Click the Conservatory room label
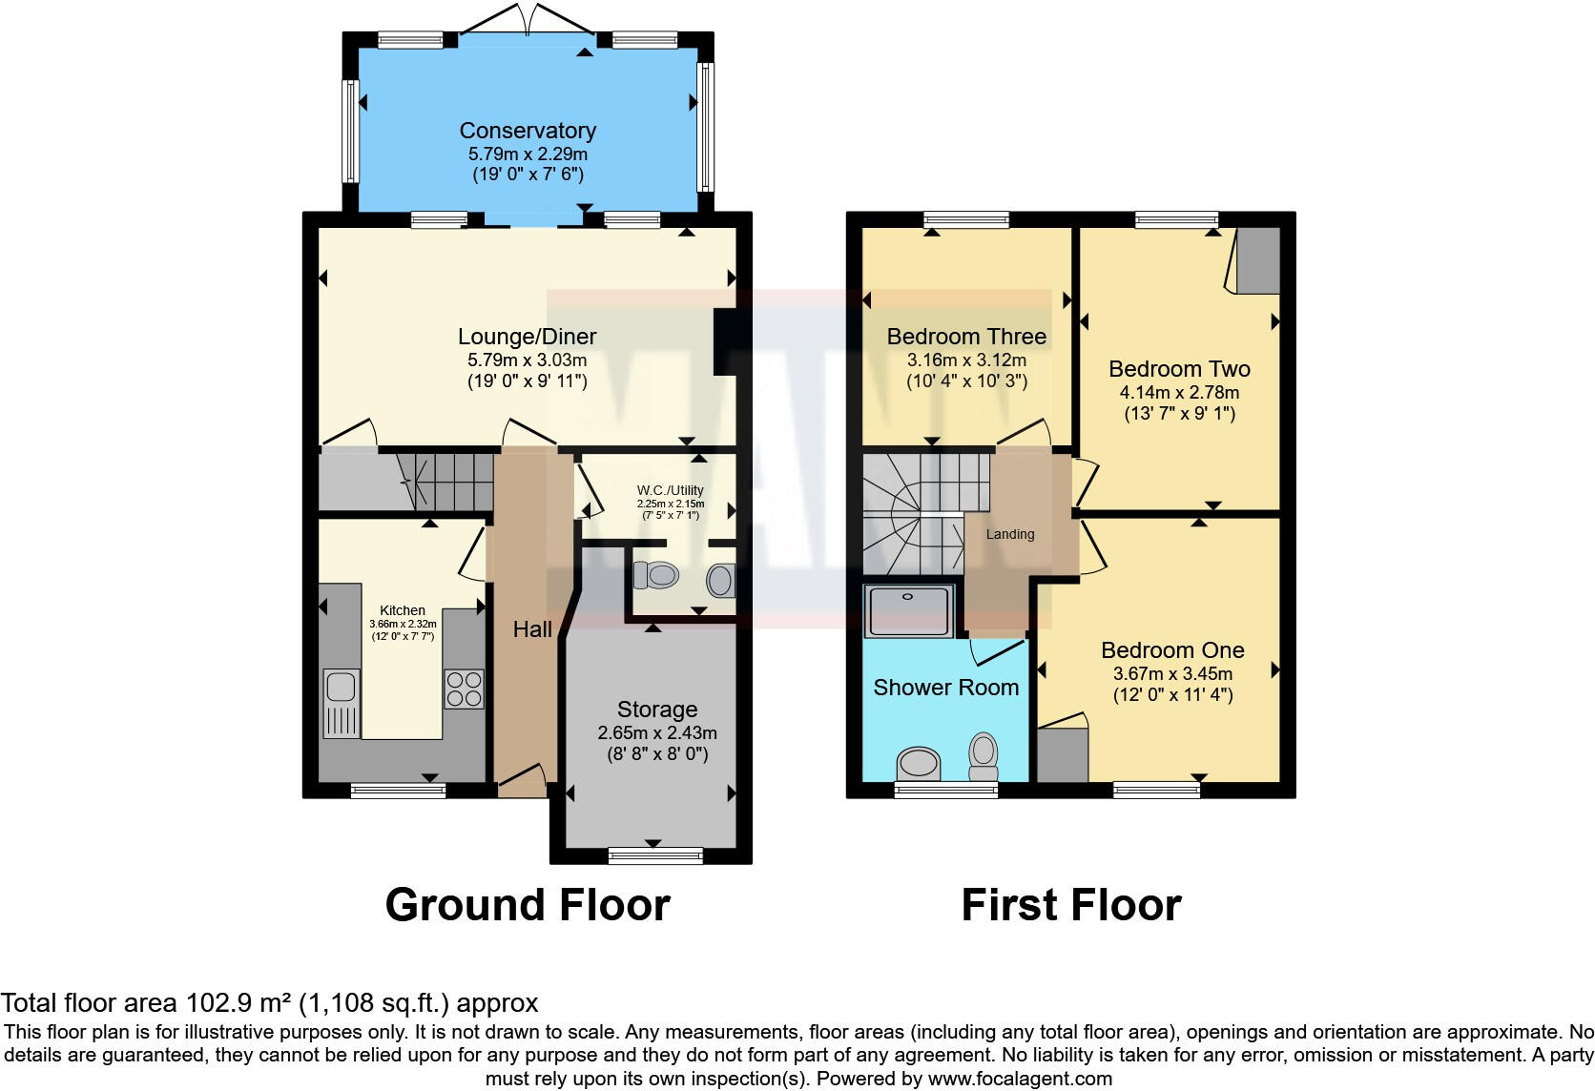point(528,131)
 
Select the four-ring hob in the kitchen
point(464,690)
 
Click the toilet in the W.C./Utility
point(656,575)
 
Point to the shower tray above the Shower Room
point(908,611)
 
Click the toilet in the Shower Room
point(983,755)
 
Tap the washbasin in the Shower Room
point(919,764)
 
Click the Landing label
point(1010,534)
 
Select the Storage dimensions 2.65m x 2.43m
point(657,733)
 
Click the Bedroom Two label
point(1179,369)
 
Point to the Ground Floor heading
point(528,905)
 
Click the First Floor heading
point(1071,905)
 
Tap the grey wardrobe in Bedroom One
point(1063,755)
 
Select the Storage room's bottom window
point(655,856)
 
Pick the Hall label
point(532,629)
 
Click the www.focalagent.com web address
point(1020,1080)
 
